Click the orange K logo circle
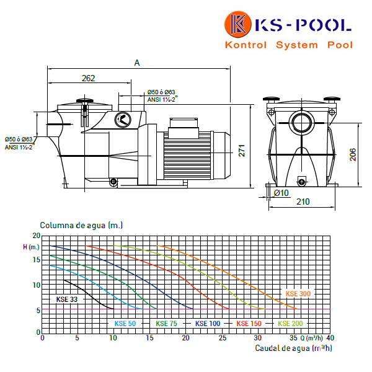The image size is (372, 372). pyautogui.click(x=237, y=24)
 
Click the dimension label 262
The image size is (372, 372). pyautogui.click(x=88, y=78)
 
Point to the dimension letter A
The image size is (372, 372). pyautogui.click(x=137, y=63)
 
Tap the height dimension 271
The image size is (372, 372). pyautogui.click(x=242, y=151)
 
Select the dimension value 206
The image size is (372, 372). pyautogui.click(x=353, y=154)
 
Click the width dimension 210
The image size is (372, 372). pyautogui.click(x=303, y=201)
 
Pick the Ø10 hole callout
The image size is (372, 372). pyautogui.click(x=281, y=193)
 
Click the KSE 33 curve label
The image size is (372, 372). pyautogui.click(x=67, y=299)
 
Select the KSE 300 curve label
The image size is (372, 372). pyautogui.click(x=298, y=294)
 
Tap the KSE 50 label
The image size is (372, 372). pyautogui.click(x=125, y=324)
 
